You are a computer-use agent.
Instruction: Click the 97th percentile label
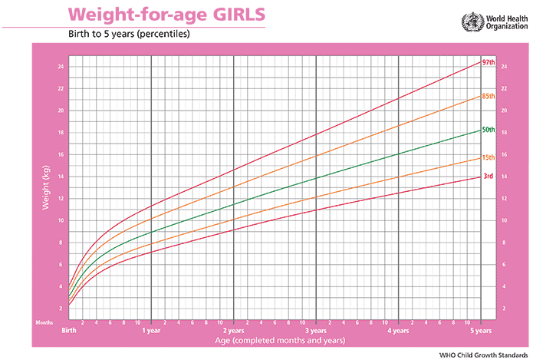[488, 62]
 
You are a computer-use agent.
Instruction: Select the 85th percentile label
[488, 96]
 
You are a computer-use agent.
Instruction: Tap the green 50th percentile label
[488, 130]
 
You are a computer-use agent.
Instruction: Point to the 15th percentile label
[487, 158]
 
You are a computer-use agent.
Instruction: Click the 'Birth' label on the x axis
[69, 331]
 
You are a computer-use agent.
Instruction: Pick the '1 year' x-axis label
[151, 331]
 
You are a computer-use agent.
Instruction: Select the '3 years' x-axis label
[316, 331]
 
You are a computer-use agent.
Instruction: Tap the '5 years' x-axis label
[480, 331]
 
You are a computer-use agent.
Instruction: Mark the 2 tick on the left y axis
[61, 309]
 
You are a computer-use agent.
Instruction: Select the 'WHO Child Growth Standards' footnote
[482, 354]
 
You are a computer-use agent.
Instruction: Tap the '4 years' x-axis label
[398, 331]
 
